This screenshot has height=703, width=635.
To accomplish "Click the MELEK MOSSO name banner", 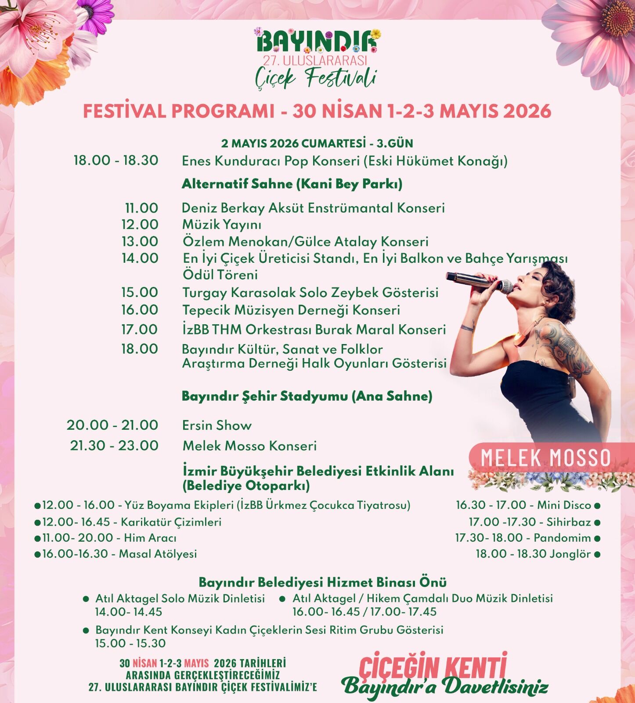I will point(545,458).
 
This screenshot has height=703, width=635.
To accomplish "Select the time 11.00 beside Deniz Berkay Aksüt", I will point(141,208).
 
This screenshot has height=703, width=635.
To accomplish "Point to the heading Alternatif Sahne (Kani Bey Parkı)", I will point(292,184).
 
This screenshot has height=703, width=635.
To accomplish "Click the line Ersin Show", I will point(217,425).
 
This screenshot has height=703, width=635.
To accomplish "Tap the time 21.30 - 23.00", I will point(114,446).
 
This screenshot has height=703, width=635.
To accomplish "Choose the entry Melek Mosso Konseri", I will point(249,446).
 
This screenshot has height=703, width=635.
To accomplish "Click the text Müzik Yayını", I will point(222,225).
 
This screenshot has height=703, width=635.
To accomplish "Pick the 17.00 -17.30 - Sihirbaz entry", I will point(530,522).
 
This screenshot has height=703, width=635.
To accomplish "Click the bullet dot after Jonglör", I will point(597,554).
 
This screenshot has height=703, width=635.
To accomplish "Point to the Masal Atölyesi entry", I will point(119,554).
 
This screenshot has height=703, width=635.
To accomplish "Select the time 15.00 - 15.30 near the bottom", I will point(130,643).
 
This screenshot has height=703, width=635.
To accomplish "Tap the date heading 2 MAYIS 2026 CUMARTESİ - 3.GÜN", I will point(317,144).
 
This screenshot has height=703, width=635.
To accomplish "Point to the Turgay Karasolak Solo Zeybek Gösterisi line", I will point(310,293).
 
